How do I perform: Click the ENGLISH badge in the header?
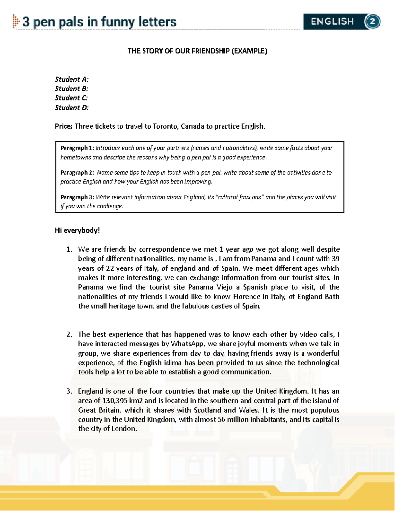coord(332,22)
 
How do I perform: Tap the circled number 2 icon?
coord(372,22)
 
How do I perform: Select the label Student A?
coord(71,79)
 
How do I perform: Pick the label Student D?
coord(71,108)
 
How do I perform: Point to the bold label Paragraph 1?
coord(77,148)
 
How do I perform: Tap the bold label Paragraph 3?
coord(78,197)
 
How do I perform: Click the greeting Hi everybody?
coord(77,230)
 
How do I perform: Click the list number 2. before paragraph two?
coord(69,334)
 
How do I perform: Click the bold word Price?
coord(64,126)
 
